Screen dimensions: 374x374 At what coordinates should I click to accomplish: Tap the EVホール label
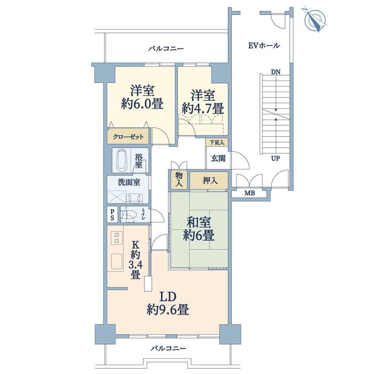tap(264, 45)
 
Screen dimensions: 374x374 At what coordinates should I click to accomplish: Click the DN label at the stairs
tap(276, 72)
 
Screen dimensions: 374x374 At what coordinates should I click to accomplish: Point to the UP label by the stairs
tap(275, 158)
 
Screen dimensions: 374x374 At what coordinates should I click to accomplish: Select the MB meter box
tap(249, 193)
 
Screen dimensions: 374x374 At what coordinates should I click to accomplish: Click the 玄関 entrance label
tap(218, 158)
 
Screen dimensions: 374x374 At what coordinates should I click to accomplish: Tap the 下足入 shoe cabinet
tap(217, 143)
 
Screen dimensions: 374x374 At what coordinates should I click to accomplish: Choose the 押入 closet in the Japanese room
tap(209, 180)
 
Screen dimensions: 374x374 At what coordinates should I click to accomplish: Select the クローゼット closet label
tap(128, 137)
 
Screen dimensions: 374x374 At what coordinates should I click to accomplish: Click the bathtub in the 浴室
tap(122, 160)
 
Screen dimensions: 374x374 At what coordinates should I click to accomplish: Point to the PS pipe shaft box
tap(112, 215)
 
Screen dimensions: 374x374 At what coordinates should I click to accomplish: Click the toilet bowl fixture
tap(128, 215)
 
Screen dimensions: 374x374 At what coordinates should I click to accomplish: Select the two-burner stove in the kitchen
tap(117, 238)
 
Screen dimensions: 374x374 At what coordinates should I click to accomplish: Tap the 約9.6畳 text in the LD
tap(168, 310)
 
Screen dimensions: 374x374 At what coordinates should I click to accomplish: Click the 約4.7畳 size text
tap(203, 109)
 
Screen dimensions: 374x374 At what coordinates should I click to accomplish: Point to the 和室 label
tap(198, 223)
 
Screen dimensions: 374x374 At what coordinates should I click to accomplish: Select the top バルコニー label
tap(166, 49)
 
